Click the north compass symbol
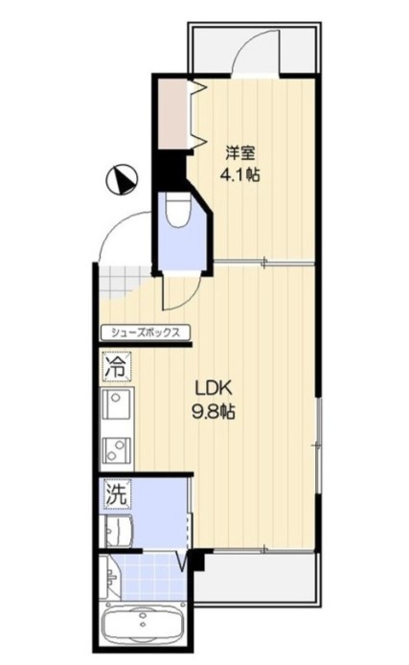click(x=122, y=180)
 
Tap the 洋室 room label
click(x=240, y=153)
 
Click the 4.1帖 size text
click(x=239, y=174)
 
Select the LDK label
click(x=213, y=387)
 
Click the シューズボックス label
click(x=146, y=332)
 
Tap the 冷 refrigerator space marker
click(x=116, y=366)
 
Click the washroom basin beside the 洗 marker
click(x=117, y=531)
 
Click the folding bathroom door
click(x=183, y=561)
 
